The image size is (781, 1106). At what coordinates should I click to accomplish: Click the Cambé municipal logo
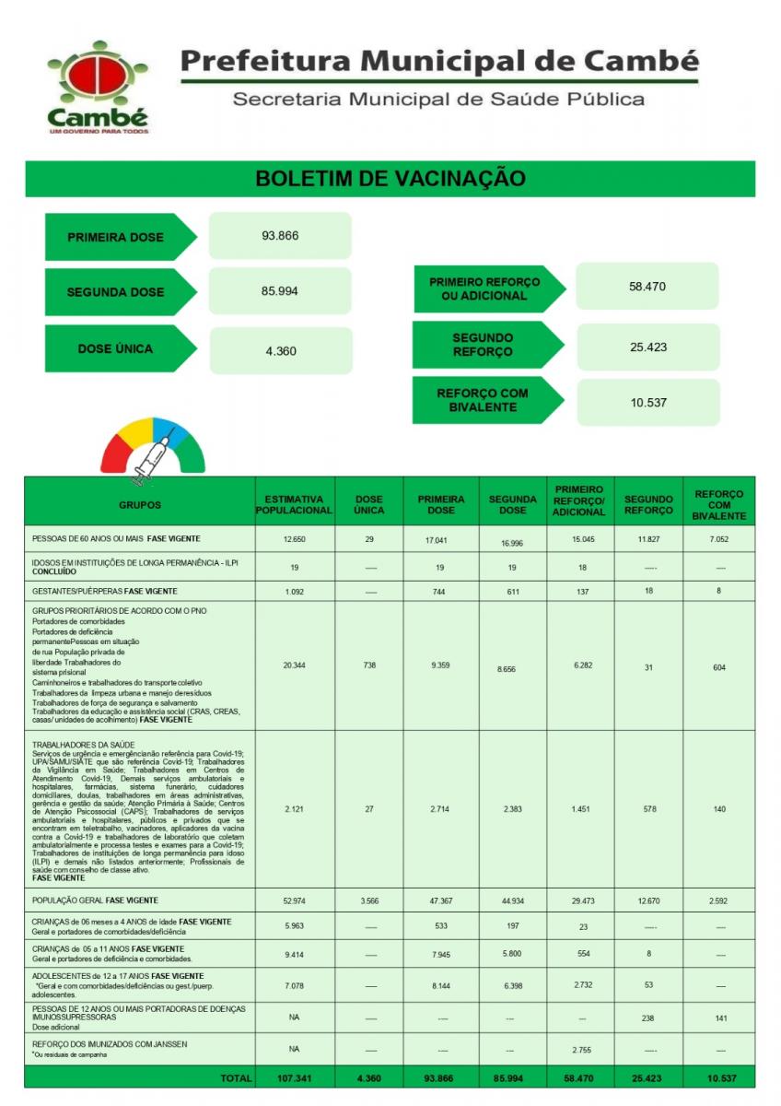(97, 85)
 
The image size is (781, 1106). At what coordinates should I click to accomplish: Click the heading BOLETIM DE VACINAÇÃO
(390, 178)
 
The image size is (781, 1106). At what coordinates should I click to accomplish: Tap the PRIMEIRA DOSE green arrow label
(117, 237)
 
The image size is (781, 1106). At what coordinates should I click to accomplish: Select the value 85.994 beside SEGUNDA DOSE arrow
(280, 291)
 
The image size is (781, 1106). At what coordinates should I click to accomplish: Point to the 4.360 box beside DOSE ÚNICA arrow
(280, 350)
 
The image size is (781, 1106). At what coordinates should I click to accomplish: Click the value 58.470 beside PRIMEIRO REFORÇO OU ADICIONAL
(647, 287)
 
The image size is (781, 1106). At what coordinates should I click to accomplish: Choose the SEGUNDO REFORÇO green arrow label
(484, 345)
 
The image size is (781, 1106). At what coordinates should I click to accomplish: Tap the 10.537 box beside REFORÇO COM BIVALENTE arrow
(648, 403)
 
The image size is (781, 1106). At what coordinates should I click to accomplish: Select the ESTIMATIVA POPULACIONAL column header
(293, 504)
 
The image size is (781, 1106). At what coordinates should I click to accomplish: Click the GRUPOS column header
(139, 504)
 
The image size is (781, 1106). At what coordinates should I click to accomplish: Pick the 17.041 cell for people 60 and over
(441, 538)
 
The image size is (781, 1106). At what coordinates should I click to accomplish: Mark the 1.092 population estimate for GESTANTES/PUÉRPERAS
(293, 591)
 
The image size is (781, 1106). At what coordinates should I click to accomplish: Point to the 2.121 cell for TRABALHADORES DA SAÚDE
(293, 808)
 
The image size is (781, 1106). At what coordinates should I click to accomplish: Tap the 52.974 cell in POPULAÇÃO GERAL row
(293, 900)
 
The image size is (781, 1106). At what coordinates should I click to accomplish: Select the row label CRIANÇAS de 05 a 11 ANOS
(108, 948)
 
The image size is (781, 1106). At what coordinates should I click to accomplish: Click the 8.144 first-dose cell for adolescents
(441, 985)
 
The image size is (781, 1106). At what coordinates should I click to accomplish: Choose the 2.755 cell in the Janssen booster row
(582, 1049)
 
